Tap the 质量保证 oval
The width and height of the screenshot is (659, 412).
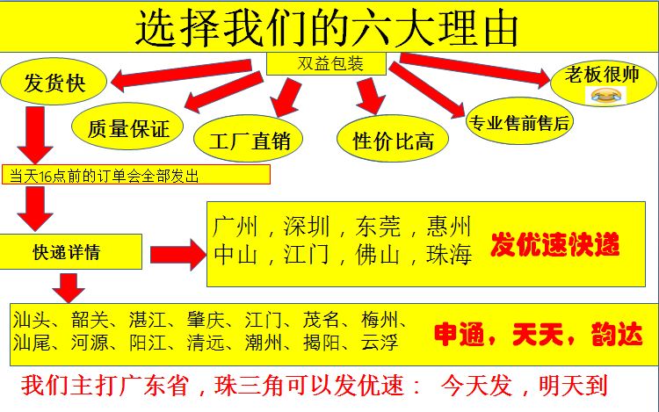pos(128,127)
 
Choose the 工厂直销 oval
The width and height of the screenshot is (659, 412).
pos(247,139)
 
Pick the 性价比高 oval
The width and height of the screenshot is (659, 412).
pos(393,140)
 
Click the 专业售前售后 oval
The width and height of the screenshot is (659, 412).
pos(519,122)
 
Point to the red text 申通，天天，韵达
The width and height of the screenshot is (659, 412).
pos(538,335)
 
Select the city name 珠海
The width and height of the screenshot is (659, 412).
pos(450,255)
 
